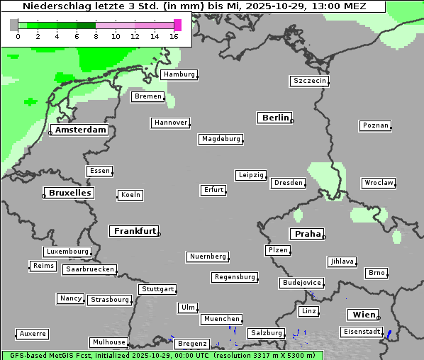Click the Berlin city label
click(275, 118)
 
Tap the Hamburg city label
click(178, 74)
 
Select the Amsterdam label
click(81, 130)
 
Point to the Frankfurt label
click(135, 231)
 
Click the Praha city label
click(307, 234)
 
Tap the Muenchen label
click(221, 320)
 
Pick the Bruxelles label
click(69, 193)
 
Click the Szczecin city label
click(309, 81)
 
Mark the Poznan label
click(375, 125)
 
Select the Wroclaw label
click(378, 183)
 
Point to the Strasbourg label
click(110, 300)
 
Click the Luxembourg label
click(67, 252)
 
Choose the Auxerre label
click(33, 333)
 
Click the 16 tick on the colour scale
click(174, 36)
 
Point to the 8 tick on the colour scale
click(96, 36)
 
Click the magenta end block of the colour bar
click(177, 26)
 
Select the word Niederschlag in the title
click(54, 6)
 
